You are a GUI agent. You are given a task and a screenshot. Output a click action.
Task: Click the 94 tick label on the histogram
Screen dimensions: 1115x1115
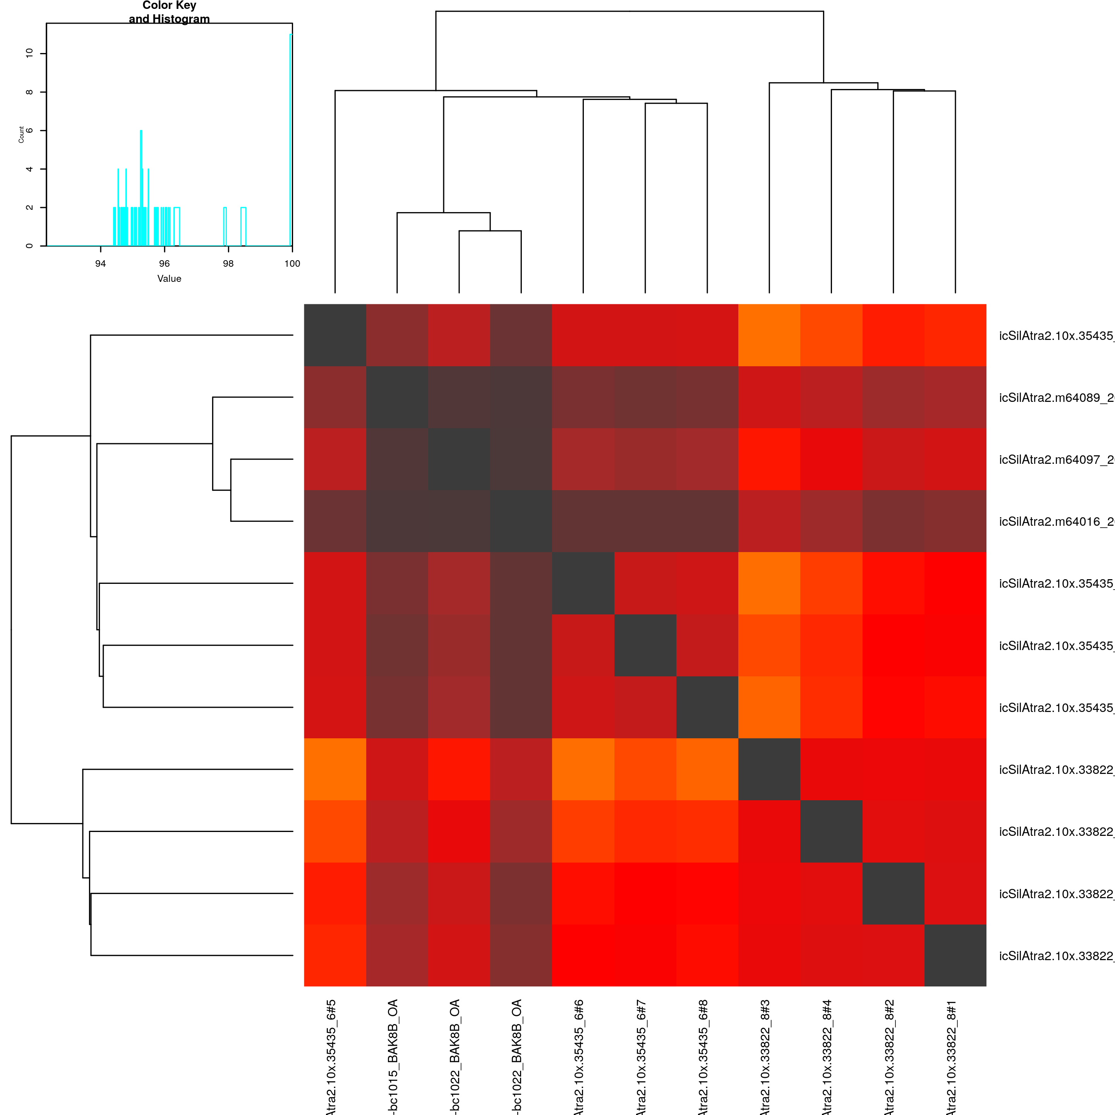pyautogui.click(x=100, y=264)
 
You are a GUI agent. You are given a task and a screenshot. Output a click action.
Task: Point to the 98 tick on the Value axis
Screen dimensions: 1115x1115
pyautogui.click(x=228, y=264)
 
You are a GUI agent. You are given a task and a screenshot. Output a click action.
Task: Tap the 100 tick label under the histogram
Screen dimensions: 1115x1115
pyautogui.click(x=292, y=264)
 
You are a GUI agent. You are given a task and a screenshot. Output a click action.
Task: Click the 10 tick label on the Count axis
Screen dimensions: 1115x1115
pyautogui.click(x=29, y=53)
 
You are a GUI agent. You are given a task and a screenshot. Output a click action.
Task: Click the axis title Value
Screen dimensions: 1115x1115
pyautogui.click(x=169, y=279)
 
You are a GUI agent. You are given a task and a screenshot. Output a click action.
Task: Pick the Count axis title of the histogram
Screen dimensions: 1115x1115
pyautogui.click(x=21, y=134)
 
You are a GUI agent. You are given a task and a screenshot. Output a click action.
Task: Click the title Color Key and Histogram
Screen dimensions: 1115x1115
pyautogui.click(x=169, y=12)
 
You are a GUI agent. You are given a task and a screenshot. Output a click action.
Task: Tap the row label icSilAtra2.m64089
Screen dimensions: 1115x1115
pyautogui.click(x=1056, y=398)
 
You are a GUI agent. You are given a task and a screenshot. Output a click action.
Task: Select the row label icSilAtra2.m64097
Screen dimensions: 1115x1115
pyautogui.click(x=1056, y=460)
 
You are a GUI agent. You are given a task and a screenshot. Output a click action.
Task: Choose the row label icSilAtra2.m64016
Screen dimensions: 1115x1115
pyautogui.click(x=1056, y=522)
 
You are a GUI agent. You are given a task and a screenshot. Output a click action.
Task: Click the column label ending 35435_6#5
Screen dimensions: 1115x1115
pyautogui.click(x=331, y=1056)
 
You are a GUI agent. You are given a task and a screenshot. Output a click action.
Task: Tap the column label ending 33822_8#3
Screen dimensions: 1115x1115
pyautogui.click(x=765, y=1056)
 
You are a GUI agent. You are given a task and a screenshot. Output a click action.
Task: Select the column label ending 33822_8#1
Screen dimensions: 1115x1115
pyautogui.click(x=952, y=1056)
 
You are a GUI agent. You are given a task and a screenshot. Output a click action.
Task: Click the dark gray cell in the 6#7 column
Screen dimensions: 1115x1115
pyautogui.click(x=645, y=645)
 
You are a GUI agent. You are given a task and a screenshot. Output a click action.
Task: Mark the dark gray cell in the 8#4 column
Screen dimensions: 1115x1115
pyautogui.click(x=831, y=831)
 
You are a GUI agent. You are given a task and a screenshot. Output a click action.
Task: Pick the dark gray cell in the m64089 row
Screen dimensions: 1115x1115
pyautogui.click(x=397, y=397)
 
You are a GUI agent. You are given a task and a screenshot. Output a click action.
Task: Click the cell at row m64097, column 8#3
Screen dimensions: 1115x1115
pyautogui.click(x=769, y=460)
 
